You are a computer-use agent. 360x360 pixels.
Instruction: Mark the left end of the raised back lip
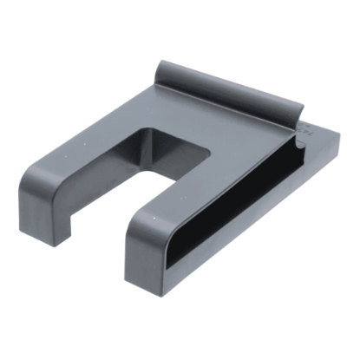pos(164,69)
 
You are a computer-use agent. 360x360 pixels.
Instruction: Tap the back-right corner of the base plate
pos(337,139)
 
